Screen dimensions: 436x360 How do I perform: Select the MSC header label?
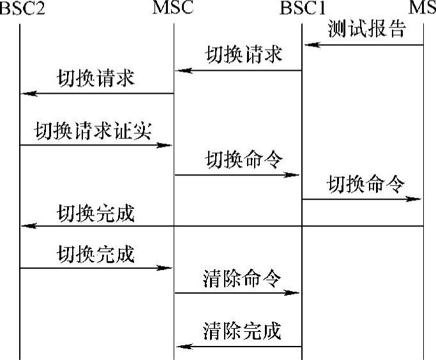click(x=174, y=9)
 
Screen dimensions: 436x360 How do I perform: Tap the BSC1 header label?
click(x=303, y=9)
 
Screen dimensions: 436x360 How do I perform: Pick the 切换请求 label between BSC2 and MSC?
click(x=96, y=79)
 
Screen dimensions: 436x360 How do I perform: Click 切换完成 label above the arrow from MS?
click(x=96, y=213)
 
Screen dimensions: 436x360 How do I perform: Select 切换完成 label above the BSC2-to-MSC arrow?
click(x=96, y=253)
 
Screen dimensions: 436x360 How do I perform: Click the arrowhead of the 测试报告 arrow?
click(x=308, y=45)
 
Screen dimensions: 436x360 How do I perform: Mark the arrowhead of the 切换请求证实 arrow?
click(x=169, y=145)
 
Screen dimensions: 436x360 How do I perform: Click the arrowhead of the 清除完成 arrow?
click(x=181, y=347)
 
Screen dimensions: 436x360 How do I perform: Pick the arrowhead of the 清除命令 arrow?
click(x=296, y=293)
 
